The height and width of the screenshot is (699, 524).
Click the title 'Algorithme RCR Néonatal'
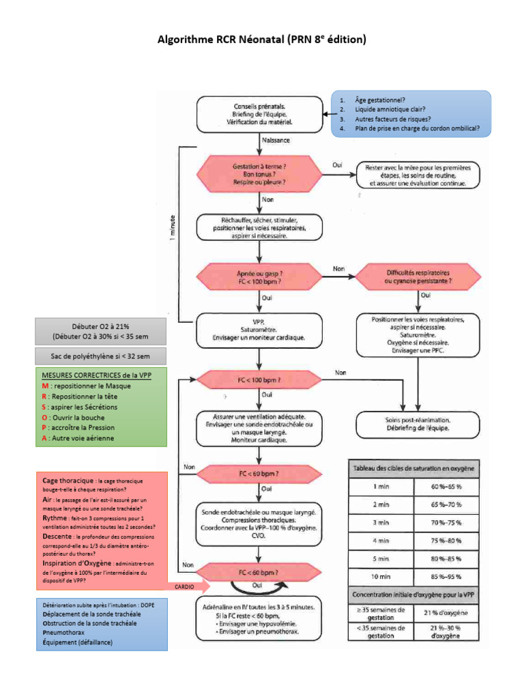(x=262, y=40)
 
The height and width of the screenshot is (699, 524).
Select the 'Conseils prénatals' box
(x=259, y=114)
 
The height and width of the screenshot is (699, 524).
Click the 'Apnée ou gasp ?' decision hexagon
(x=259, y=275)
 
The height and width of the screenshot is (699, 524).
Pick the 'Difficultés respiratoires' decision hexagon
(x=418, y=275)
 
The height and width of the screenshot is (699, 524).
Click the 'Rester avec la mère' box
(x=418, y=175)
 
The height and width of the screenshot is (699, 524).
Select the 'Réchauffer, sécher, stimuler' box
(x=259, y=227)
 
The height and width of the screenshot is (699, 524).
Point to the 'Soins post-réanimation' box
(x=418, y=423)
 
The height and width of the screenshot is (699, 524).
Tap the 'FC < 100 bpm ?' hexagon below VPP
(x=259, y=379)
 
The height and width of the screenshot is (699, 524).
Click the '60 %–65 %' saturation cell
(x=446, y=487)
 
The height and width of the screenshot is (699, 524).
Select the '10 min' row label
(x=381, y=575)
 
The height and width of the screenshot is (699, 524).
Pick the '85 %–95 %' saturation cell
(x=446, y=575)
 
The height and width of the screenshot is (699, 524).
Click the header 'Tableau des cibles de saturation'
(x=413, y=469)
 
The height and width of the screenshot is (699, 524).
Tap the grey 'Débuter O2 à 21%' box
(x=100, y=331)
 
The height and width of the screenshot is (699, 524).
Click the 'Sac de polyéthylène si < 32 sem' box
(x=100, y=356)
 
